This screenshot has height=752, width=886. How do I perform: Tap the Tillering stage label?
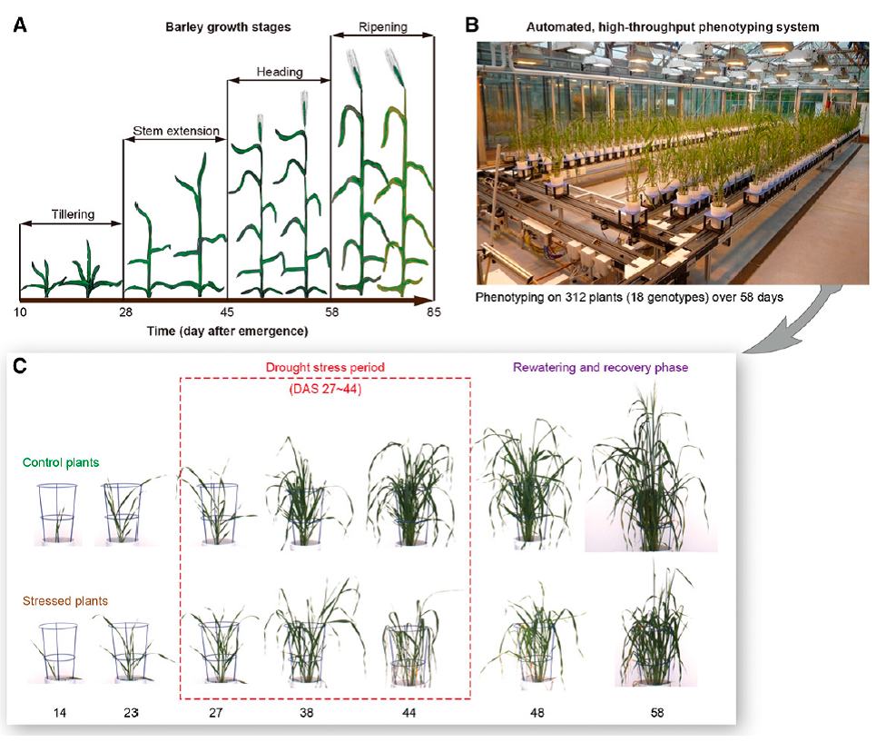click(69, 205)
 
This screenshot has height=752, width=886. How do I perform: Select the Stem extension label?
click(176, 131)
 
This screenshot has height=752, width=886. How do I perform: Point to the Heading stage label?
click(279, 72)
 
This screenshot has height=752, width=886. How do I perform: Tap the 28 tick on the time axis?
click(126, 312)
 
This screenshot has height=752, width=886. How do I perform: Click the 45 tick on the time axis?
click(227, 312)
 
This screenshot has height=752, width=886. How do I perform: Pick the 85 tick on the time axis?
click(432, 312)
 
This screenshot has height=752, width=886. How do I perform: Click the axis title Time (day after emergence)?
click(227, 331)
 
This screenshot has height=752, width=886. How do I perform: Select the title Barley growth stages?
click(227, 27)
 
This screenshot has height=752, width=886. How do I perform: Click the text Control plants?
click(62, 462)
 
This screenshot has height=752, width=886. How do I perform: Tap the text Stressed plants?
click(65, 600)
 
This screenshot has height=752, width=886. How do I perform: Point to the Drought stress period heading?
click(325, 368)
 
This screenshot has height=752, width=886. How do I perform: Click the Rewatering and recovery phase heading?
click(601, 368)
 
